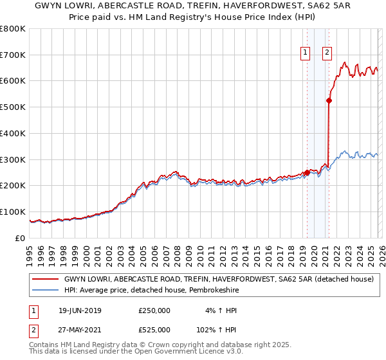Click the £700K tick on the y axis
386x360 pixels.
click(x=14, y=55)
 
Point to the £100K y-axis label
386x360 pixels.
click(x=14, y=212)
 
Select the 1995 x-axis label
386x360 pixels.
click(x=30, y=249)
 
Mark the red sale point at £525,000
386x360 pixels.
click(x=329, y=100)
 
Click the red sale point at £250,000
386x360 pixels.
click(x=307, y=172)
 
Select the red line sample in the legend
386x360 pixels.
click(x=46, y=279)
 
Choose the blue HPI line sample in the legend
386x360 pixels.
click(x=46, y=291)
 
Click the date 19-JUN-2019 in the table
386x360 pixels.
click(x=80, y=310)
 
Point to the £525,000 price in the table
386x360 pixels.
click(x=154, y=330)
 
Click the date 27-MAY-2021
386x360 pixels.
click(x=80, y=330)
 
